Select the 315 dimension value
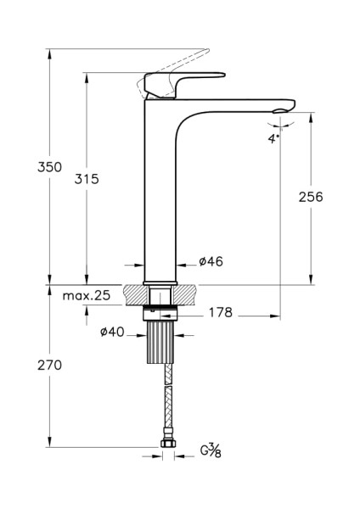click(x=87, y=178)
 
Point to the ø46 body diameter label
click(x=210, y=262)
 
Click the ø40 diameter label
click(x=113, y=333)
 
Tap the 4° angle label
click(x=273, y=137)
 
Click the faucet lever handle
click(x=183, y=81)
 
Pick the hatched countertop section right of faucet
click(x=187, y=295)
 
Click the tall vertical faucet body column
click(x=161, y=195)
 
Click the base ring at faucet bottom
click(x=161, y=282)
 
